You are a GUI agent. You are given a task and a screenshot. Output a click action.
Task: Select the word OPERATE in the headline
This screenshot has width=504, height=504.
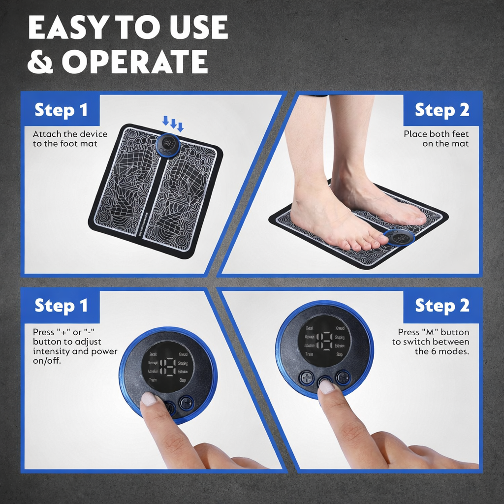134,62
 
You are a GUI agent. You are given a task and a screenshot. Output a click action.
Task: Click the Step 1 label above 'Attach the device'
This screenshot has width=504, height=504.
61,110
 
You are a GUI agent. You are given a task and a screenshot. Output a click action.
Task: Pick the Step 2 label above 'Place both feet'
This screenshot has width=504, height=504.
442,110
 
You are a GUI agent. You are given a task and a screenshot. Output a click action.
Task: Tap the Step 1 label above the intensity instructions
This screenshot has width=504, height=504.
61,306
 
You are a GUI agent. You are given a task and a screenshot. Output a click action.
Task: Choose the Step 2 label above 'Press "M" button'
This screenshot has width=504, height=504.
442,306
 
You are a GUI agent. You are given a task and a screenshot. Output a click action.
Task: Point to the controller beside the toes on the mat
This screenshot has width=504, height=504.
399,237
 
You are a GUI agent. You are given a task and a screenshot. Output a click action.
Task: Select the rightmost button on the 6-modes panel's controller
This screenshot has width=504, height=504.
343,378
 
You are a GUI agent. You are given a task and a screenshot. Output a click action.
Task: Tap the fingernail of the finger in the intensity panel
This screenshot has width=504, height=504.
149,398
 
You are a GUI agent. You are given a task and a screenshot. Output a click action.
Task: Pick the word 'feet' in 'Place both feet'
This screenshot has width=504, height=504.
460,134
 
